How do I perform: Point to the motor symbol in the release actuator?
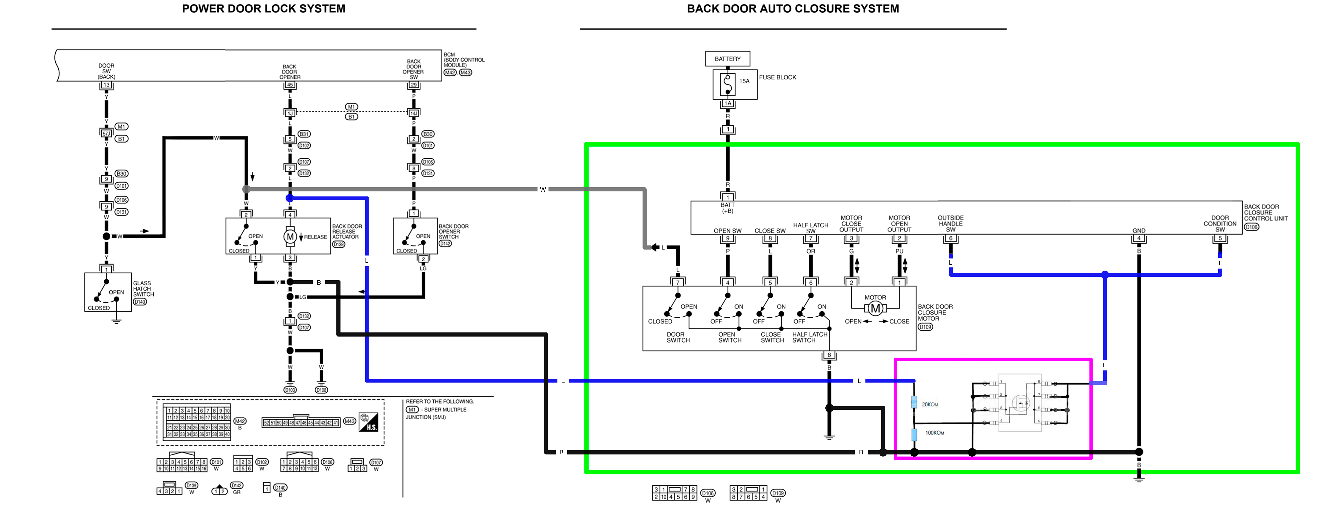point(290,236)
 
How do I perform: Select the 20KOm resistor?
point(914,402)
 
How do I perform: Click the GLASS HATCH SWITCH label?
point(143,289)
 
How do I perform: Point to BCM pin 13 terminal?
point(106,85)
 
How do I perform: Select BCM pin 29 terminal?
point(414,85)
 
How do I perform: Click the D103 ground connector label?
point(290,390)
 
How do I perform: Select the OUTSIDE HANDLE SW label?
point(950,224)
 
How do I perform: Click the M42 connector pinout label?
point(240,421)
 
